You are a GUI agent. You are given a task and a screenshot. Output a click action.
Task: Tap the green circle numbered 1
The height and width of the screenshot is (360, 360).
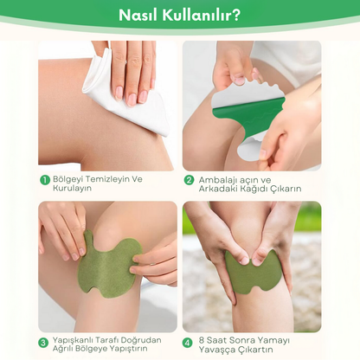[44, 180]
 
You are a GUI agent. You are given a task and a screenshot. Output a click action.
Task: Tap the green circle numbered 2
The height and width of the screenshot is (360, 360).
[189, 180]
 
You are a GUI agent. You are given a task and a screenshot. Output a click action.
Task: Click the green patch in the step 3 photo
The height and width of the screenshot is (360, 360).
[108, 265]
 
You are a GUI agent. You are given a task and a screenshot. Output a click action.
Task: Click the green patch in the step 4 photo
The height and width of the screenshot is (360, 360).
[253, 273]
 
